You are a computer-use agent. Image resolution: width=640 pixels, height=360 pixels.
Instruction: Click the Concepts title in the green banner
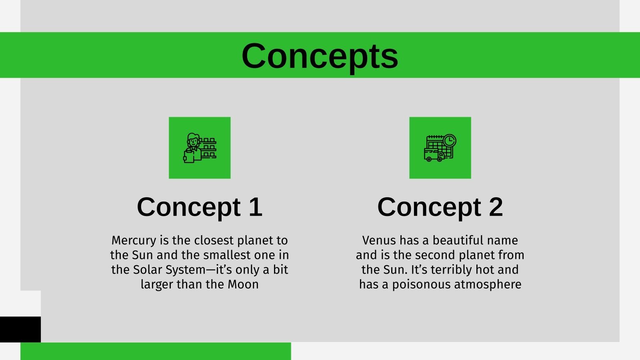(x=320, y=56)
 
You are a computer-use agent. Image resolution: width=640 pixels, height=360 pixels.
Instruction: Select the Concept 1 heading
(x=199, y=207)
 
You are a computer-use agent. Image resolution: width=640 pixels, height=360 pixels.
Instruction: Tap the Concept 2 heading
(x=440, y=207)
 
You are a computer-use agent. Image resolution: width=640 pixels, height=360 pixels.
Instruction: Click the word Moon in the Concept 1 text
(x=243, y=284)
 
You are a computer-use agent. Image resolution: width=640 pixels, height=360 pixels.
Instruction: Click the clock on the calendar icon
(x=450, y=140)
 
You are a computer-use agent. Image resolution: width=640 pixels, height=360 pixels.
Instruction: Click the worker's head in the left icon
(x=193, y=140)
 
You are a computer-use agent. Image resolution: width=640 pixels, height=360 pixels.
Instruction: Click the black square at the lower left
(x=20, y=329)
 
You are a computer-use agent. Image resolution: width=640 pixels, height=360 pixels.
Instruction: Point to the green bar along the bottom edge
(x=156, y=351)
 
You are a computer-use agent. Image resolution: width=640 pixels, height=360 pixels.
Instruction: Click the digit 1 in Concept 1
(x=255, y=207)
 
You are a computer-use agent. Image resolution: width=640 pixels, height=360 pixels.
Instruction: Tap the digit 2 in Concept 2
(x=496, y=207)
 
